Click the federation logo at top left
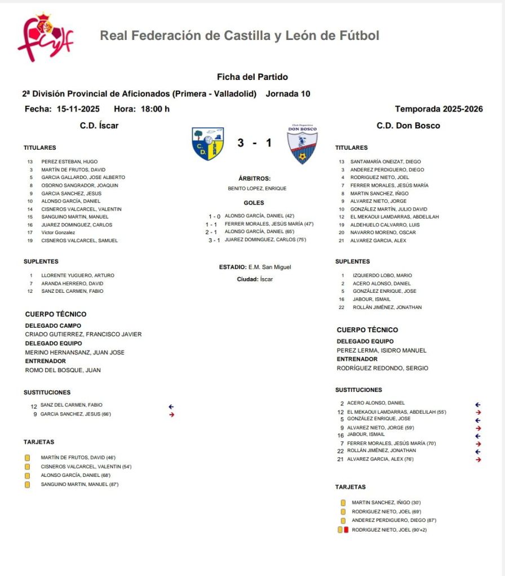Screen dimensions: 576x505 45,37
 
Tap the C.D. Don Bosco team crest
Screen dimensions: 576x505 302,144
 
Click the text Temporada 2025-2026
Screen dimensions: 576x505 438,109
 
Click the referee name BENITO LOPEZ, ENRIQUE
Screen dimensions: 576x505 257,189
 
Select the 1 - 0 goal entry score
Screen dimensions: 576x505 214,216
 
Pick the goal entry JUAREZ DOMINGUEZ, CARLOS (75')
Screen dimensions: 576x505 264,240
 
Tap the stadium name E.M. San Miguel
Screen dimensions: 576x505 269,267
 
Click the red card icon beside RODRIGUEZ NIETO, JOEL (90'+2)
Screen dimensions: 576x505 346,530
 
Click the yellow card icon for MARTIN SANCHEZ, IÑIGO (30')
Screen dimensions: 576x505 343,503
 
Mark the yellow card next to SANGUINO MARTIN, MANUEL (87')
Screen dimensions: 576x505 27,485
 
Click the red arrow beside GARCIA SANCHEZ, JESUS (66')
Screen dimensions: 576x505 171,414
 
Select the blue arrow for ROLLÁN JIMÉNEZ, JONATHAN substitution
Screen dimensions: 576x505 478,452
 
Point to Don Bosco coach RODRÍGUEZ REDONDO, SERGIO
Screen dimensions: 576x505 382,368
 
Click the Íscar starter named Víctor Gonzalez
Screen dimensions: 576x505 58,233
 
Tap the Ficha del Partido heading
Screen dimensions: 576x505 252,77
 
